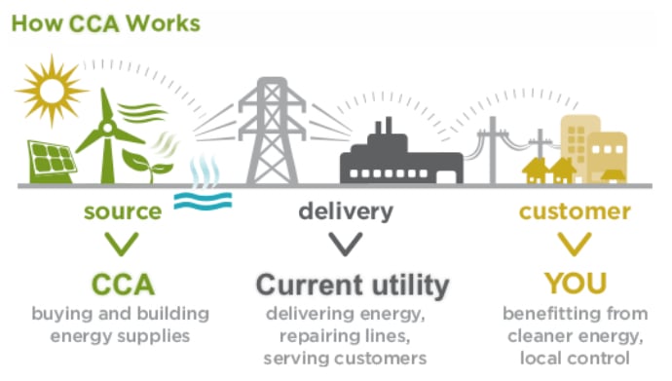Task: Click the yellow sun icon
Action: (x=52, y=91)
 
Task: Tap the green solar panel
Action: (x=52, y=162)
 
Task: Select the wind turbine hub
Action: (x=107, y=128)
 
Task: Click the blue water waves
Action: (x=203, y=201)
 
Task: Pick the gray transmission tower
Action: (x=272, y=131)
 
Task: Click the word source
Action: (x=123, y=211)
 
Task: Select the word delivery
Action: (x=346, y=211)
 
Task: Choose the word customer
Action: (x=575, y=211)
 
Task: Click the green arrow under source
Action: (x=122, y=244)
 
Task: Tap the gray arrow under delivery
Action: (x=346, y=244)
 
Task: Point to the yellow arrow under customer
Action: (x=575, y=244)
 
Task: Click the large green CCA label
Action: (x=123, y=285)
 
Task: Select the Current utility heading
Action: (x=353, y=285)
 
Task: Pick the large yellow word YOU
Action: (x=576, y=284)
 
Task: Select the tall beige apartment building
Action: (x=579, y=146)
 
